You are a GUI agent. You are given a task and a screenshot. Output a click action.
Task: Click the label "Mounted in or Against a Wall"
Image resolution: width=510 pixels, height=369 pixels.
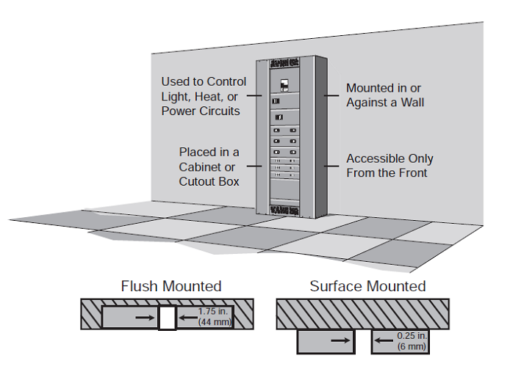click(385, 95)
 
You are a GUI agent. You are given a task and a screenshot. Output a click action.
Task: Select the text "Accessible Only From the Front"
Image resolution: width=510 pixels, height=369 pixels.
click(389, 166)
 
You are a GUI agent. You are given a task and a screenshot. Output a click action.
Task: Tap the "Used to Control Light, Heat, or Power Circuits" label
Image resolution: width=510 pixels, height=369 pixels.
click(204, 95)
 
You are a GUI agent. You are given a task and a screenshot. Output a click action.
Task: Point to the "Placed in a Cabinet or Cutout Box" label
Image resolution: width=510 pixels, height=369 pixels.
click(209, 167)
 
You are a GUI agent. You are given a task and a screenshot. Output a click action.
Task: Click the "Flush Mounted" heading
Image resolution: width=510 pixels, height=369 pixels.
click(170, 286)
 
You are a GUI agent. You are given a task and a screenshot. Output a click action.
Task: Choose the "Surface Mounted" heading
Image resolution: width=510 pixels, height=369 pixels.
click(367, 286)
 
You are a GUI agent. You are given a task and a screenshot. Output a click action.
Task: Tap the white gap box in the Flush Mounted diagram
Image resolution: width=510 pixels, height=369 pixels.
click(168, 318)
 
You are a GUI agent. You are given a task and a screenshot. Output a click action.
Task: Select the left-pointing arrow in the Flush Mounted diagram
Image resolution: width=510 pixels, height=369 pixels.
click(187, 318)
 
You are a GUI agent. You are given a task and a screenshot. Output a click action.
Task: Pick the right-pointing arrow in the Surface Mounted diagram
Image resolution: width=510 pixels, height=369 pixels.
click(340, 341)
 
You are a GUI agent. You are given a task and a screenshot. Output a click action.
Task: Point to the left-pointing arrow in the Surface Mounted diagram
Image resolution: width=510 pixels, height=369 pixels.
click(382, 341)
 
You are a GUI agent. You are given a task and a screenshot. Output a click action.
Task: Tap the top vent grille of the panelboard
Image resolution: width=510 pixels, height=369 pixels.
click(283, 61)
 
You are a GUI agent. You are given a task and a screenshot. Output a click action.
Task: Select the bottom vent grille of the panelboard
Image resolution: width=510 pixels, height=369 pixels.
click(283, 211)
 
